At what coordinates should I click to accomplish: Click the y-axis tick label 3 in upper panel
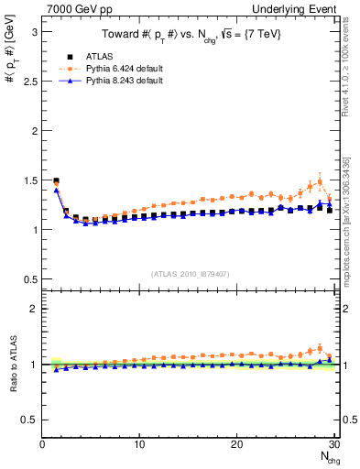[33, 31]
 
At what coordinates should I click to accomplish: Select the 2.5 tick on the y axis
[28, 81]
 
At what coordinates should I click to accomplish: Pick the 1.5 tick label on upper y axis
[28, 180]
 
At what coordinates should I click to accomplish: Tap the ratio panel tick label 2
[33, 309]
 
